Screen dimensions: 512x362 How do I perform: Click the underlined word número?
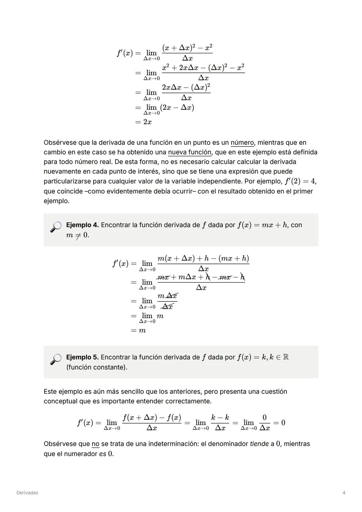point(242,143)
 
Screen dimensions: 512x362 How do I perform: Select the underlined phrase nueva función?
point(189,153)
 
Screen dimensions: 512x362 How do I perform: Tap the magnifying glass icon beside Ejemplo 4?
point(56,227)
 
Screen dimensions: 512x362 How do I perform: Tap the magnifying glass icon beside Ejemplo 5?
point(56,359)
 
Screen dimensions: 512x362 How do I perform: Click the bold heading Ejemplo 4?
point(82,225)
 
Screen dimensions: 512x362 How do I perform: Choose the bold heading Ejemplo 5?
point(82,357)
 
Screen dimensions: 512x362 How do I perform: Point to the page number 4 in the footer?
point(344,493)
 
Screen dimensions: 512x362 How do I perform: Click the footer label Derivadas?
point(27,493)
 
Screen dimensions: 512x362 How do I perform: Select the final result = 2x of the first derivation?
point(143,122)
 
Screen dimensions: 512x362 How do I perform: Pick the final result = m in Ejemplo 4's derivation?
point(138,331)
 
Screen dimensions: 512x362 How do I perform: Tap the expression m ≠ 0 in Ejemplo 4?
point(77,235)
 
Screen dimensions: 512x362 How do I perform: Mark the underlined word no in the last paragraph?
point(95,444)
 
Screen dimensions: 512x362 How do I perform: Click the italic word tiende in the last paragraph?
point(259,444)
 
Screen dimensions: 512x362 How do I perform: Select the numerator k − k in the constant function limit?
point(220,417)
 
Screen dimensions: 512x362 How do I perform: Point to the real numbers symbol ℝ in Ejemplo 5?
point(286,357)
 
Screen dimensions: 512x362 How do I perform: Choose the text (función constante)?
point(97,367)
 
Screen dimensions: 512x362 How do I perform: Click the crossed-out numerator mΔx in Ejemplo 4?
point(167,296)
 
